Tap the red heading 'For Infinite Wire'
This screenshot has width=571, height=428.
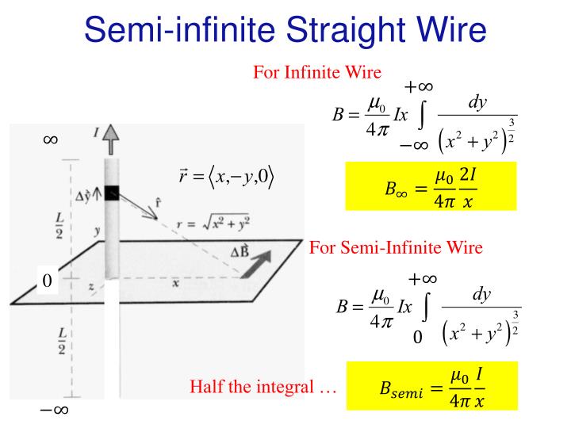[x=317, y=72]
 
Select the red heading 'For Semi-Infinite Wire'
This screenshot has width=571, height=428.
[x=396, y=247]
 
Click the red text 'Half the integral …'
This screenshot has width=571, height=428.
[x=263, y=386]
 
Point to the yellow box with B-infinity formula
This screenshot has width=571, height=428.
[x=431, y=186]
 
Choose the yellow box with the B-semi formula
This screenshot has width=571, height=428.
[x=432, y=386]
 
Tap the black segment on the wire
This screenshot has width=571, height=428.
[x=112, y=193]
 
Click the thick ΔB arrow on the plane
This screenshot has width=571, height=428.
[x=256, y=265]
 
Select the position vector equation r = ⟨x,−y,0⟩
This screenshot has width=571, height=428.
[x=226, y=177]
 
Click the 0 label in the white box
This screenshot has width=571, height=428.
[x=47, y=281]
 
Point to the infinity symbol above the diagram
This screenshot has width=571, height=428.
[x=50, y=139]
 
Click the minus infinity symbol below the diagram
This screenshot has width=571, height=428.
[x=54, y=411]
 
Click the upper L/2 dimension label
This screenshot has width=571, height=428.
[x=59, y=226]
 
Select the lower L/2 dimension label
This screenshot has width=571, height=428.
[x=62, y=341]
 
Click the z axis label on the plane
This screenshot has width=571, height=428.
[x=91, y=287]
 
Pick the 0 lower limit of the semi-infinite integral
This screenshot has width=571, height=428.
[x=418, y=337]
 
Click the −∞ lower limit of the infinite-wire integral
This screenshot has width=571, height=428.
[x=414, y=146]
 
